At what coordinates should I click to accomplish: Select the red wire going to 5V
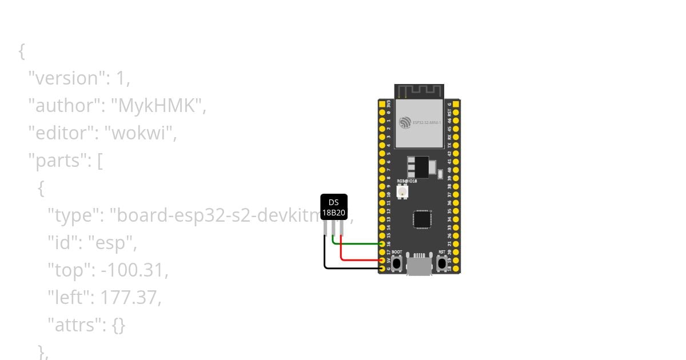360,259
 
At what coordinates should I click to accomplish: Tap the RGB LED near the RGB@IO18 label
402,191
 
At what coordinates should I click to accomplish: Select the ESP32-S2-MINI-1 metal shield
419,122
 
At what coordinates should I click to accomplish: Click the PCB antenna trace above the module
419,91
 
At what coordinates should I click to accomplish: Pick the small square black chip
422,219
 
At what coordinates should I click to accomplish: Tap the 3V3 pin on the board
382,105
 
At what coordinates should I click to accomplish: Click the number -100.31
134,270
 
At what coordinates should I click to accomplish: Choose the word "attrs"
74,325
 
